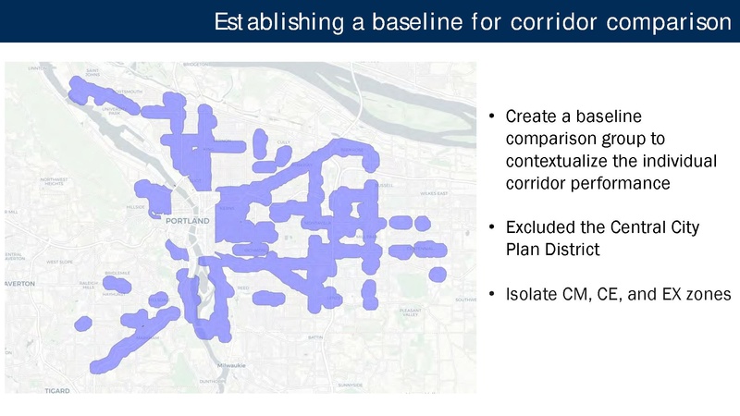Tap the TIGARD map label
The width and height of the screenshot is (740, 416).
(x=56, y=391)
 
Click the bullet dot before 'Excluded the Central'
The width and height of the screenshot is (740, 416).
(x=492, y=227)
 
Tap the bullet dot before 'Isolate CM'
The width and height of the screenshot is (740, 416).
(x=492, y=294)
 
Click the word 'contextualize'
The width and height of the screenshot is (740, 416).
(x=554, y=161)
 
